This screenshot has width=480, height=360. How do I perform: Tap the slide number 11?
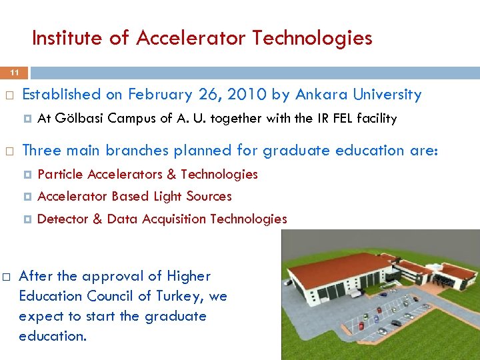pyautogui.click(x=15, y=72)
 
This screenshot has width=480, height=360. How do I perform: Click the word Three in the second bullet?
pyautogui.click(x=42, y=150)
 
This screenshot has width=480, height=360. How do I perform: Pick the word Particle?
pyautogui.click(x=60, y=174)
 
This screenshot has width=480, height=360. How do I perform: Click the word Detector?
pyautogui.click(x=63, y=219)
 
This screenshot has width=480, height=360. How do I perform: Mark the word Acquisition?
pyautogui.click(x=175, y=219)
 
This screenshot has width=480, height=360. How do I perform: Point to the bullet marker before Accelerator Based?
pyautogui.click(x=27, y=197)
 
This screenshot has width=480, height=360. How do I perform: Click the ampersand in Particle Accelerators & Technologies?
pyautogui.click(x=171, y=174)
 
